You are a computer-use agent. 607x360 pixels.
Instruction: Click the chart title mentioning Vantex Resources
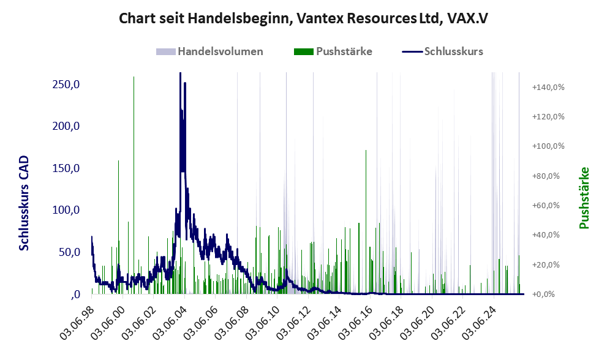tap(303, 18)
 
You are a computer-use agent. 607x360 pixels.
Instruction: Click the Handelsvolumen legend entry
tap(209, 51)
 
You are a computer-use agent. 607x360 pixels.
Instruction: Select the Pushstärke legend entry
tap(333, 51)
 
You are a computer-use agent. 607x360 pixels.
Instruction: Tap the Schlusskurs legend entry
tap(442, 51)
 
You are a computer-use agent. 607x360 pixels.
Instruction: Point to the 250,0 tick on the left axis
tap(66, 84)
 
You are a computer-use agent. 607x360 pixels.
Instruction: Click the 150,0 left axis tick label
tap(66, 168)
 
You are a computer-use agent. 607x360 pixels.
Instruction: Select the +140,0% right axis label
tap(548, 87)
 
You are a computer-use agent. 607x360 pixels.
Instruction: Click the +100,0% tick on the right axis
tap(548, 146)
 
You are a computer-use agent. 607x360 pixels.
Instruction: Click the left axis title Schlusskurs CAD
tap(24, 203)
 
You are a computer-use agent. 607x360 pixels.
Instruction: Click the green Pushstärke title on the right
tap(584, 198)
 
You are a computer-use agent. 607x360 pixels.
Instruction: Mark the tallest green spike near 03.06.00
tap(134, 185)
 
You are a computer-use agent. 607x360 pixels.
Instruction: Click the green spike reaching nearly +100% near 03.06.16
tap(366, 222)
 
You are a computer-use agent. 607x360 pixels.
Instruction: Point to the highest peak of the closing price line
tap(181, 73)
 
